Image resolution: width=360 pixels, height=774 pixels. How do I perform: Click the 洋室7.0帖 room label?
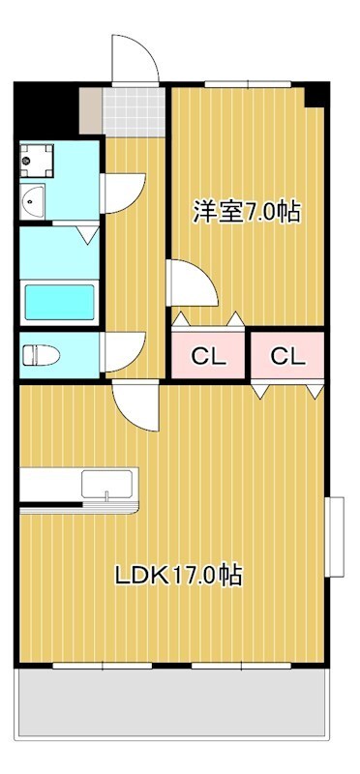(x=247, y=212)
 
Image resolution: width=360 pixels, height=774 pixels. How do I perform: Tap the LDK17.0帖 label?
(x=179, y=575)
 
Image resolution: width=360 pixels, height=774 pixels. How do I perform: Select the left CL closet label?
(x=208, y=355)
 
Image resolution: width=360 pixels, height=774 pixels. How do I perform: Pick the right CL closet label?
(x=287, y=355)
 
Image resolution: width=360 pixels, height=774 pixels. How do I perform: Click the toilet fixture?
(x=41, y=355)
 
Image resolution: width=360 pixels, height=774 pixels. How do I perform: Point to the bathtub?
(x=60, y=302)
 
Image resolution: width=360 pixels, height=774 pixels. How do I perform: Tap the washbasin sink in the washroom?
(x=33, y=201)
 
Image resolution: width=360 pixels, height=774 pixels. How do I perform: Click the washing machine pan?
(x=37, y=160)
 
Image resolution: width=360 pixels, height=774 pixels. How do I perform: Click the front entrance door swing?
(x=135, y=59)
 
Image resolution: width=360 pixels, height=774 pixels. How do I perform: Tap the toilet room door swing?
(x=123, y=352)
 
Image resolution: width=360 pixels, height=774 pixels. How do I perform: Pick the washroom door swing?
(x=123, y=193)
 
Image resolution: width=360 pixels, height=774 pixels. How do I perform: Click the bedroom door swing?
(x=192, y=283)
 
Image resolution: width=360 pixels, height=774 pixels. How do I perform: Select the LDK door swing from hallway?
(x=135, y=405)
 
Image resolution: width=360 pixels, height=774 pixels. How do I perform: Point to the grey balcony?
(x=171, y=703)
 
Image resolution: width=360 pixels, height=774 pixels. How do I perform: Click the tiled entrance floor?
(x=134, y=112)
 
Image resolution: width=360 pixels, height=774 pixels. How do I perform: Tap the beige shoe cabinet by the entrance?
(x=90, y=110)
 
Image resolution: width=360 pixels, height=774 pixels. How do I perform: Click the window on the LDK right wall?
(x=334, y=537)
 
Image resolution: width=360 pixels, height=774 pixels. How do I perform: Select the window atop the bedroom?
(x=248, y=84)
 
